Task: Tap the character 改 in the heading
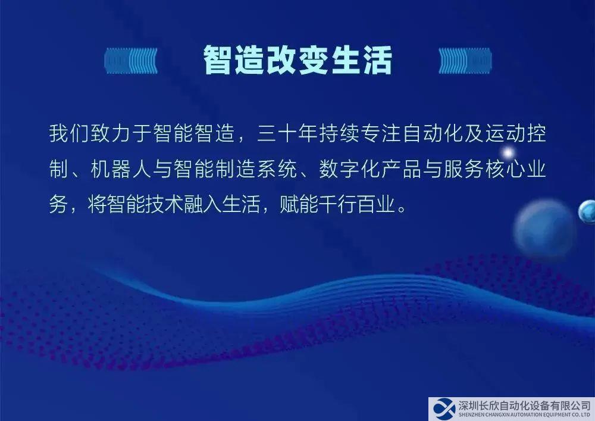tap(281, 60)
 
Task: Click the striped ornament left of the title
tap(131, 61)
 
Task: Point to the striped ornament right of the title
tap(465, 61)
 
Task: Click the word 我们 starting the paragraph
tap(69, 133)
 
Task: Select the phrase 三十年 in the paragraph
tap(287, 133)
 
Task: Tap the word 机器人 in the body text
tap(121, 169)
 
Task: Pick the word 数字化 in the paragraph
tap(349, 169)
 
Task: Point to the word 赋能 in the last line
tap(299, 205)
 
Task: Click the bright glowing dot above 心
tap(508, 153)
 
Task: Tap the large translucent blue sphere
tap(544, 229)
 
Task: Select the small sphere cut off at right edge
tap(587, 211)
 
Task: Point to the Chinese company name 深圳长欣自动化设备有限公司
tap(525, 406)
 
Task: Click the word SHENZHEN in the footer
tap(470, 415)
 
